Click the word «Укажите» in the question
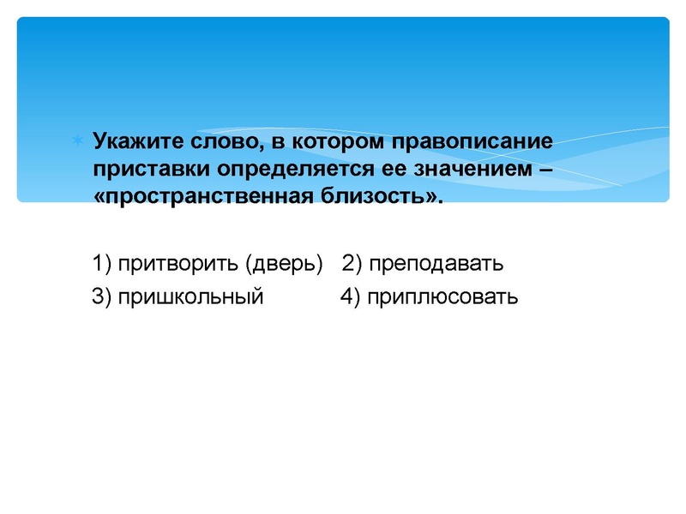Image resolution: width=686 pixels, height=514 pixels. click(134, 140)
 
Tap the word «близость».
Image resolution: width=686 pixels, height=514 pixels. click(383, 196)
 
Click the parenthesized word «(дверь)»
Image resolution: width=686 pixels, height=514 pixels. click(284, 263)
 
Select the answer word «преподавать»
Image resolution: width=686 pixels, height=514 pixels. click(436, 263)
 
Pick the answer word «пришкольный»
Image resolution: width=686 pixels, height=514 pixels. click(191, 297)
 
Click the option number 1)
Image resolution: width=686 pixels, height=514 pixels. click(102, 263)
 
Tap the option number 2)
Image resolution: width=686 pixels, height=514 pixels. click(352, 263)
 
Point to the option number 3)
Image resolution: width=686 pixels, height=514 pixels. click(102, 297)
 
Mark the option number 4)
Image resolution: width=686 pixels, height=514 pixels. click(349, 297)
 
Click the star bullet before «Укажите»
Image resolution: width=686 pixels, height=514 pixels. click(77, 139)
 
